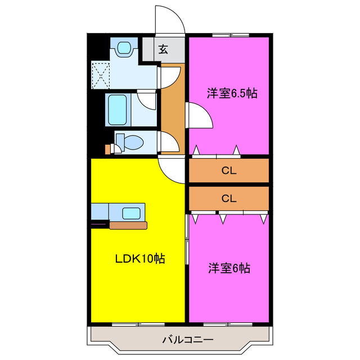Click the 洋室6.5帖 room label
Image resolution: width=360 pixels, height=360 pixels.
point(232,94)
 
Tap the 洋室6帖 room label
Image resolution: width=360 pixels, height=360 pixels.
point(228,268)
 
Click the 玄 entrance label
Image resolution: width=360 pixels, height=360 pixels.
point(163,49)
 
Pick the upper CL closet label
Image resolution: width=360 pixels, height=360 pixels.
point(228,171)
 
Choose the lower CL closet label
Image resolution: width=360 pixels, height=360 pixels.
point(228,198)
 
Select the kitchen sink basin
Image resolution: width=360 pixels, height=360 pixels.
point(132,213)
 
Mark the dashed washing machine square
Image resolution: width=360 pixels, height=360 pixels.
point(101,75)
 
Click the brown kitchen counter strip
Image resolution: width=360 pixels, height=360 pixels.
point(128,225)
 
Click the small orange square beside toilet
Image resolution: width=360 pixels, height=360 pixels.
point(108,150)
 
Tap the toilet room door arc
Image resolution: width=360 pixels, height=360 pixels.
point(170,142)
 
